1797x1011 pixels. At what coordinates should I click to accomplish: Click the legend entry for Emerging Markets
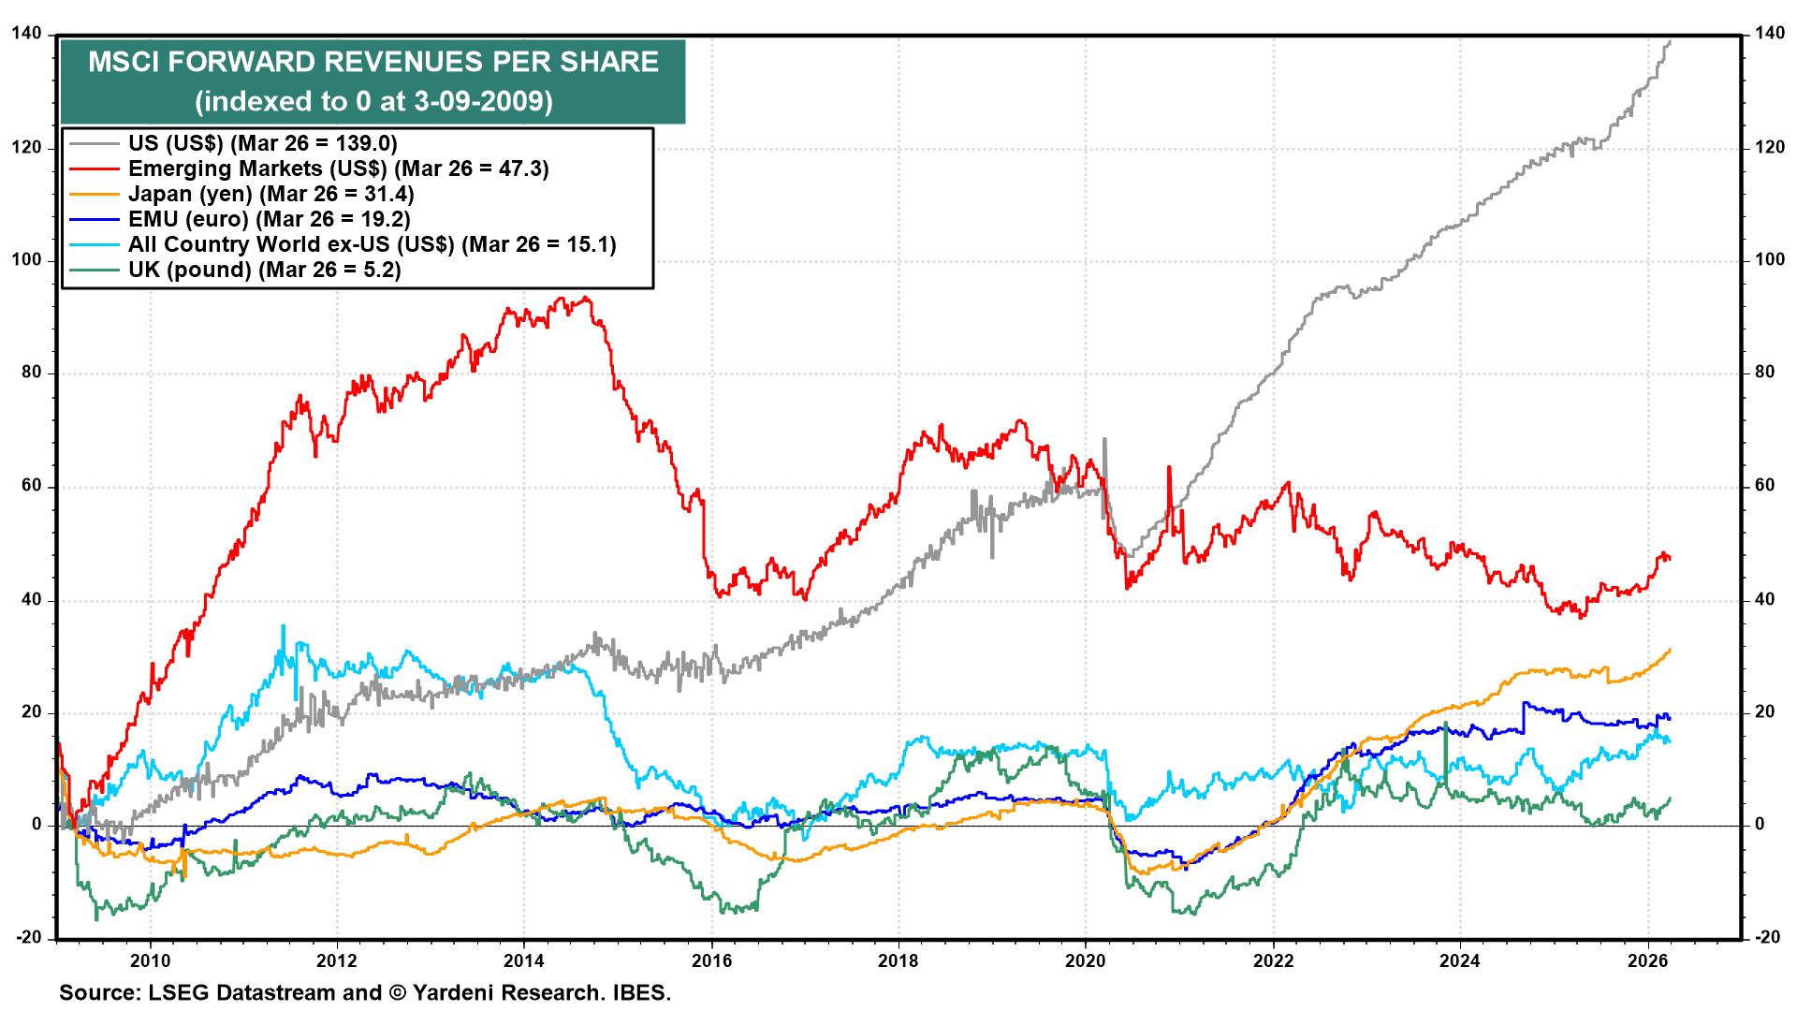337,168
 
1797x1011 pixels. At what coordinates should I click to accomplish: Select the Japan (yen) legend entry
270,194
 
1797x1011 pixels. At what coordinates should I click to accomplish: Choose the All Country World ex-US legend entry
371,244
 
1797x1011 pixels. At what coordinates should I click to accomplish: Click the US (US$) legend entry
262,143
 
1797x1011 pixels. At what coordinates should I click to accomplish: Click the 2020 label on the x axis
1085,960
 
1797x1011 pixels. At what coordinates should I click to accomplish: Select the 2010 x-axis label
149,960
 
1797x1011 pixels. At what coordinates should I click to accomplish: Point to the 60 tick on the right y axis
1765,487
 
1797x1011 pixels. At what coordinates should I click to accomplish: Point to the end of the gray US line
1670,67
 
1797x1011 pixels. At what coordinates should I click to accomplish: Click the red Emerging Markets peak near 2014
585,299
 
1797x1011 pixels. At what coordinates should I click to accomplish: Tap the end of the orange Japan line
1670,649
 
